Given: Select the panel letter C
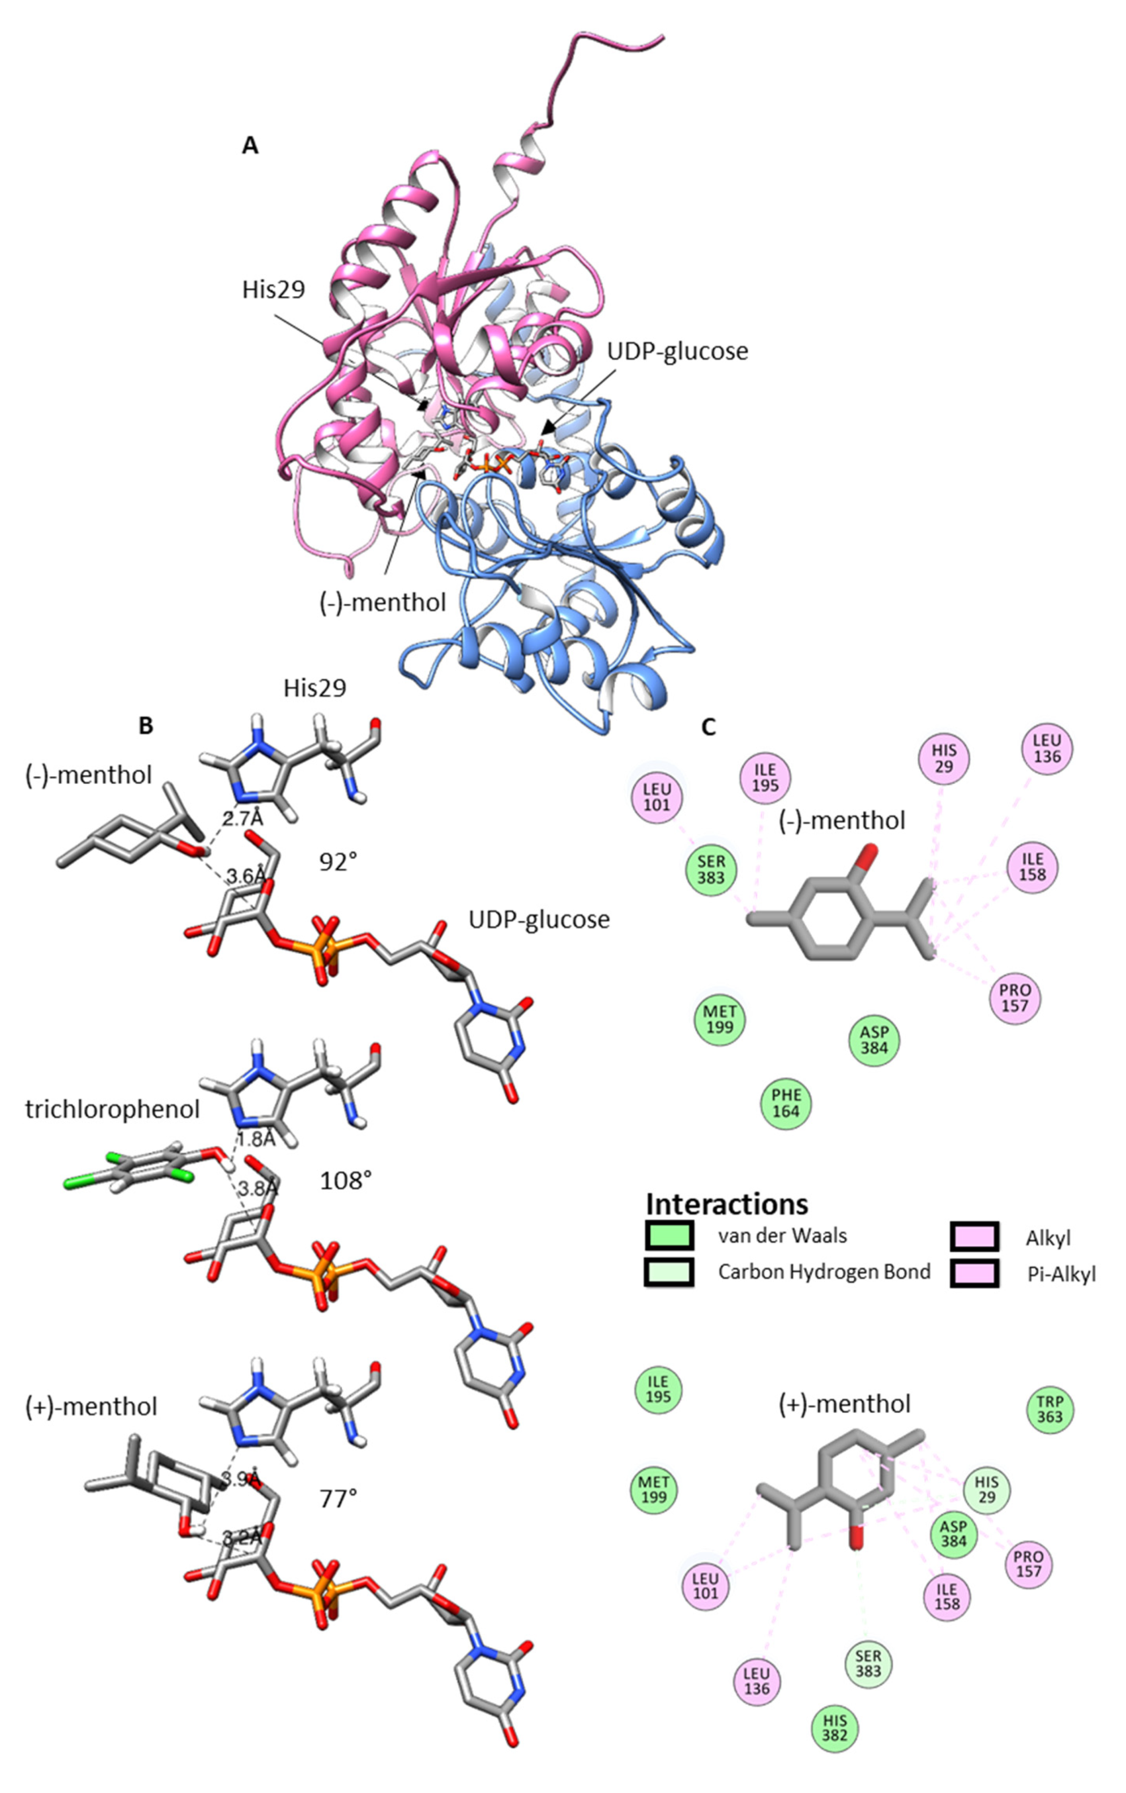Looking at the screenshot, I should pos(708,728).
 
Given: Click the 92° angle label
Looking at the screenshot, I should pos(338,862).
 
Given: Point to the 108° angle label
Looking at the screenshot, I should pos(346,1180).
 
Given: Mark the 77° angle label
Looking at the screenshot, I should pos(339,1498).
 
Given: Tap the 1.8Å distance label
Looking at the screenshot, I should pos(256,1138).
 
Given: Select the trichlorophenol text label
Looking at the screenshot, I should pos(113,1109).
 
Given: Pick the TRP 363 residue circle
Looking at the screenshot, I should pos(1049,1410).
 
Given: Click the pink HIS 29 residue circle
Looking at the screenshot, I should pos(943,758).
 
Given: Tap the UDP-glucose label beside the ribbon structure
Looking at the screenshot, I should pos(677,352).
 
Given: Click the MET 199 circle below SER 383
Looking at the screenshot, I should pos(719,1019).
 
